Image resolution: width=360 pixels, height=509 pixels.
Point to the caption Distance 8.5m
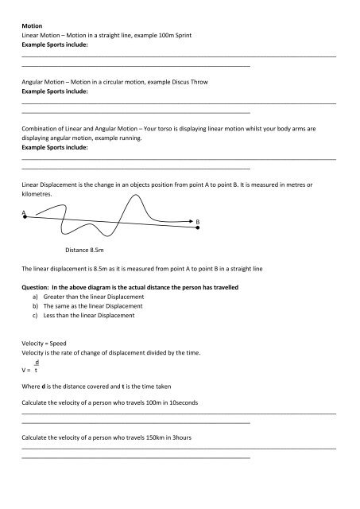click(x=87, y=250)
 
